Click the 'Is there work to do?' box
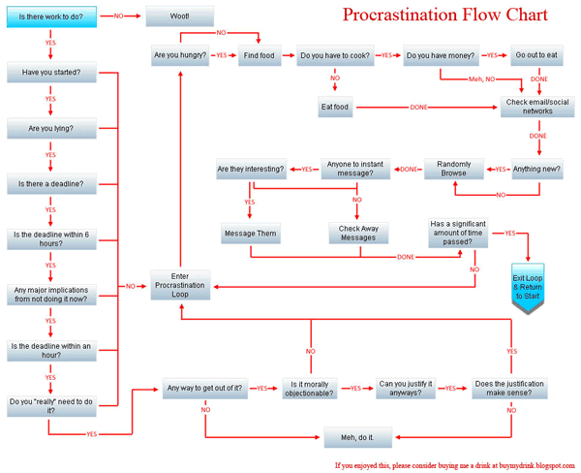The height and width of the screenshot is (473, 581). pos(49,17)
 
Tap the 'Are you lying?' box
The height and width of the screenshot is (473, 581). pos(49,128)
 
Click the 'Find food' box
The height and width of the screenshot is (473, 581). pos(260,56)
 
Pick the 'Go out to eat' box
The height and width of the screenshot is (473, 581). pos(536,56)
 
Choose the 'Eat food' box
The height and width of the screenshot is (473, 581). pos(336,107)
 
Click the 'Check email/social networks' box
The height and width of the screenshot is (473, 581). pos(537,107)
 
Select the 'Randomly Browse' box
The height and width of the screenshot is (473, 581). pos(454,170)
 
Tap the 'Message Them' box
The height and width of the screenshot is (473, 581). pos(250,234)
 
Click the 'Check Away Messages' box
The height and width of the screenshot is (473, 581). pos(357,234)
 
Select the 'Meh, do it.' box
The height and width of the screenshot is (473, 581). pos(356,438)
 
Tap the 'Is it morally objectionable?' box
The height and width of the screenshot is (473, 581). pos(310,389)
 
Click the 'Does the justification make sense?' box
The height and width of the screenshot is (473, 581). pos(509,389)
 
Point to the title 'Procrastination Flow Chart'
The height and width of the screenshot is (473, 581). pos(445,16)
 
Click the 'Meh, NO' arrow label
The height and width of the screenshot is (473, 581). pos(481,79)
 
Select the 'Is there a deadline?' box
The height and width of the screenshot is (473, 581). pos(49,183)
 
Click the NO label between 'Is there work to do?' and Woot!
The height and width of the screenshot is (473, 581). pos(118,16)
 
